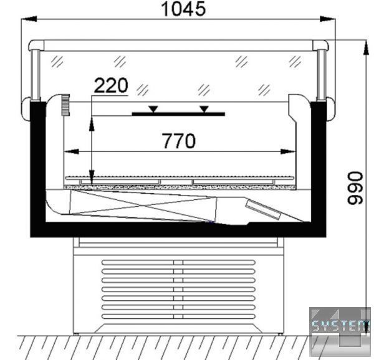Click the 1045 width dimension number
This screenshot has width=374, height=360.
click(183, 9)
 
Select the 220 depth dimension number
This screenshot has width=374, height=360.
click(111, 85)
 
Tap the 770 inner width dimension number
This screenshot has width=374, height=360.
click(179, 141)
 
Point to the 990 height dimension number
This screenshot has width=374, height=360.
click(355, 188)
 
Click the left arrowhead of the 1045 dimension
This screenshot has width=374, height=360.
click(29, 19)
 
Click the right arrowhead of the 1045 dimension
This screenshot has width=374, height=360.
click(327, 19)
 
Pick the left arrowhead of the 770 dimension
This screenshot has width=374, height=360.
click(71, 151)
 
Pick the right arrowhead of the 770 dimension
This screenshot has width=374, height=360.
click(288, 151)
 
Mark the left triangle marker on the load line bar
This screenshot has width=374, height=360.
click(153, 109)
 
